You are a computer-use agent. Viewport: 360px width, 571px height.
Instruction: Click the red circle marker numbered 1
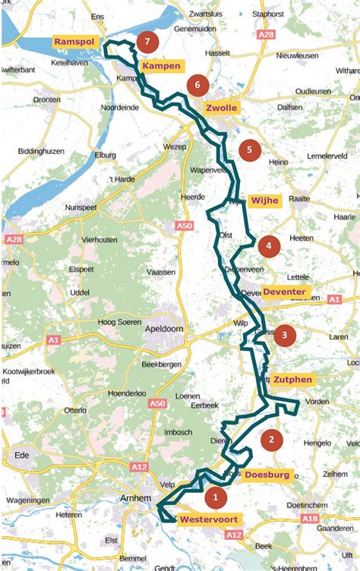pos(216,498)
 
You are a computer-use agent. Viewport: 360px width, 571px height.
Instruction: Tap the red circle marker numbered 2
pos(271,439)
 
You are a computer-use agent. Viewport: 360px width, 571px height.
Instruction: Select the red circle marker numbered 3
pos(284,335)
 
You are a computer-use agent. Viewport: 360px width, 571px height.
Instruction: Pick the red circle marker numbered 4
pos(269,246)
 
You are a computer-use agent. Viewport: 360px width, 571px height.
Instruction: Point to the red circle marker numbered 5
pos(249,150)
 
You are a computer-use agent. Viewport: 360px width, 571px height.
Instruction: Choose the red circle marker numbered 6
pos(197,85)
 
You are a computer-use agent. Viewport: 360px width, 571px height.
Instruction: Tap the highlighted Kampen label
pos(162,66)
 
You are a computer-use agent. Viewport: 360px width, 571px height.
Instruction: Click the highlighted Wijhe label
pos(265,200)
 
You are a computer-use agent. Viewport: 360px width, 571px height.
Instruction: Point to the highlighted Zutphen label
pos(292,379)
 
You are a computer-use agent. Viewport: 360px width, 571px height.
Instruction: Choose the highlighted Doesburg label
pos(267,475)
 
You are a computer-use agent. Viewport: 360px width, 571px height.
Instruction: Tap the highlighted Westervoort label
pos(209,520)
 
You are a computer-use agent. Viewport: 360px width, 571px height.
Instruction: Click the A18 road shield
pos(309,518)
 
